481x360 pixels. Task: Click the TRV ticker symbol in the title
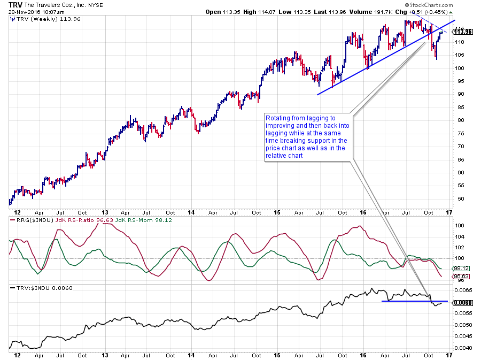15,4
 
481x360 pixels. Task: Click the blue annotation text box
307,137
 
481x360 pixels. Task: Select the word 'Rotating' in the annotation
278,118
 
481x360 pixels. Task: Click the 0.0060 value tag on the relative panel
463,302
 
